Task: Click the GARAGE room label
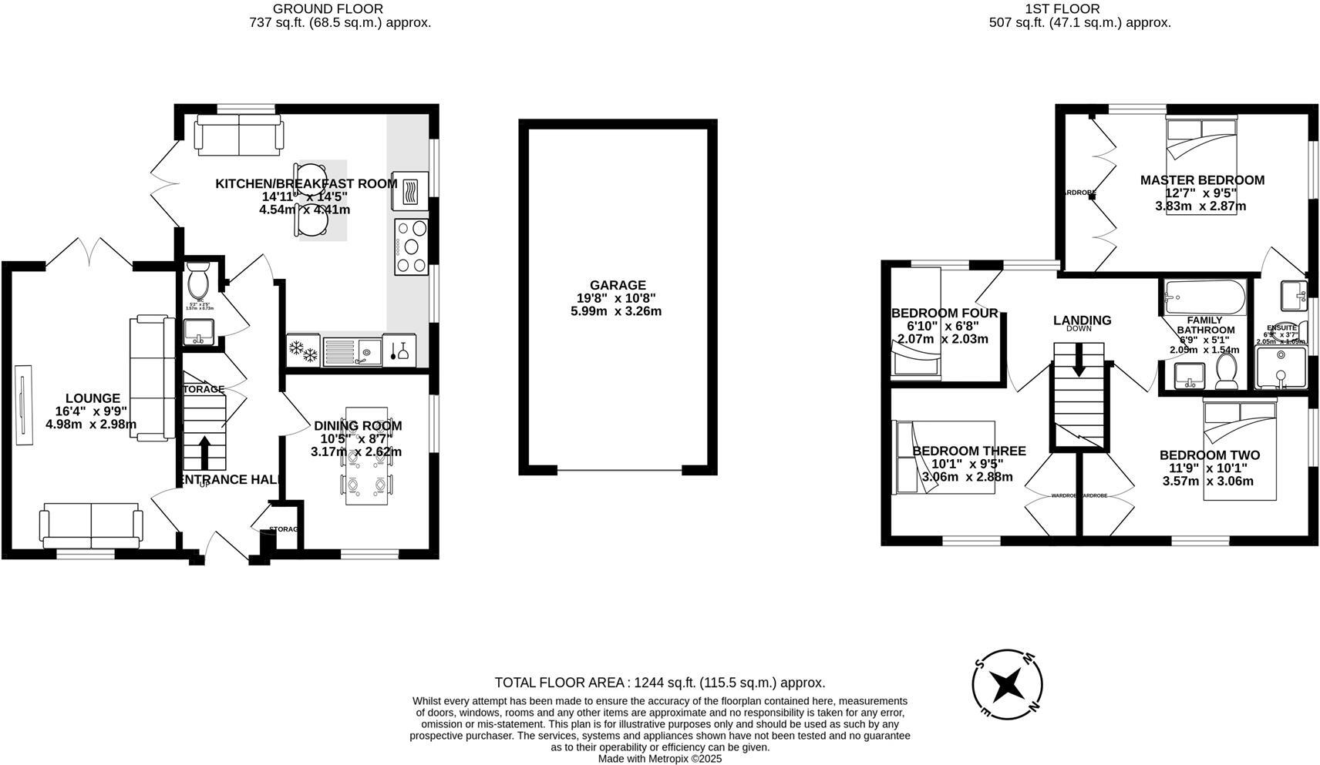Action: click(x=618, y=285)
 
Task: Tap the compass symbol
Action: click(x=1008, y=684)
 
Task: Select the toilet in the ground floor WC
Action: click(x=198, y=283)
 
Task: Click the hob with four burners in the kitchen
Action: click(x=411, y=247)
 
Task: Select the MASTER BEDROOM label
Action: click(x=1202, y=180)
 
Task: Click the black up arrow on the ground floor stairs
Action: click(x=204, y=452)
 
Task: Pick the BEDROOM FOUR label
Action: click(x=945, y=313)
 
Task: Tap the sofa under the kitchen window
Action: click(x=239, y=135)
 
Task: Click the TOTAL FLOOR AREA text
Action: click(x=659, y=683)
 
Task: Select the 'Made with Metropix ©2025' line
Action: click(x=659, y=758)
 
